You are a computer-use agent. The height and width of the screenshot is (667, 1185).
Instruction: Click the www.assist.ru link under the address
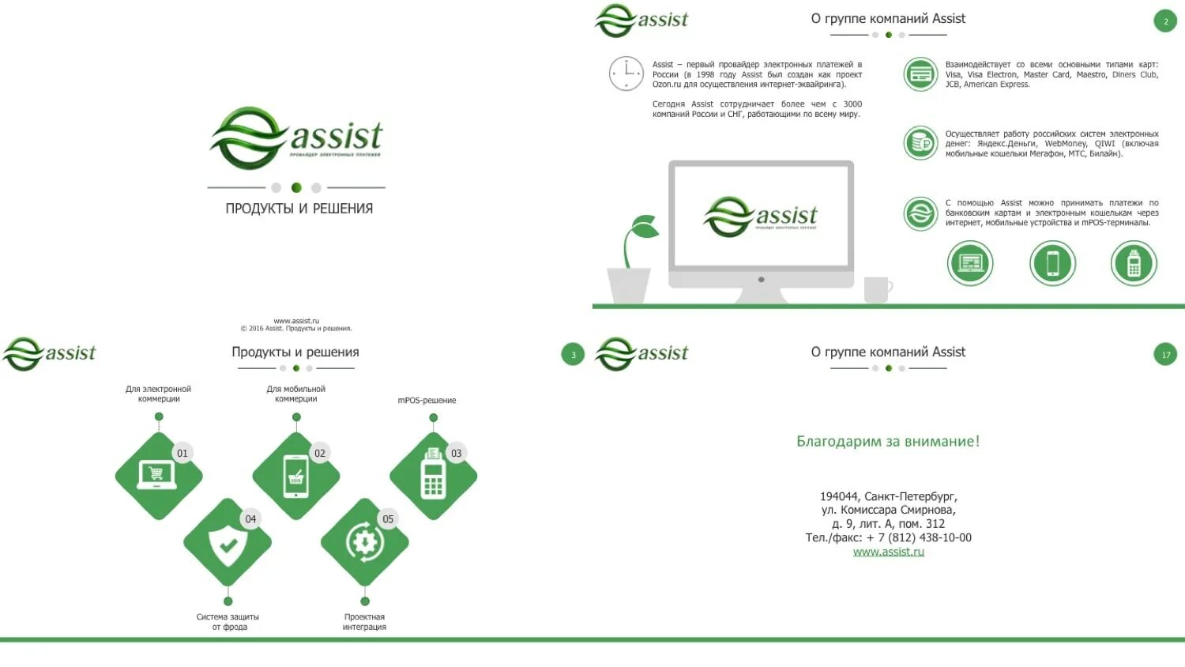888,552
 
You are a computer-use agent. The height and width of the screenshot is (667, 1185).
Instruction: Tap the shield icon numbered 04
228,544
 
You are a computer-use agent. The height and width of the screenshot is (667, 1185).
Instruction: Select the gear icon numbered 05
364,543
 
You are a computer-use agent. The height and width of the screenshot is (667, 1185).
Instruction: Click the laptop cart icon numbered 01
158,476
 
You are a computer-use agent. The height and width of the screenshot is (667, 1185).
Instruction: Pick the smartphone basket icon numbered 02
296,476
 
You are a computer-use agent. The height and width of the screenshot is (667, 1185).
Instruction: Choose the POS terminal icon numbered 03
433,476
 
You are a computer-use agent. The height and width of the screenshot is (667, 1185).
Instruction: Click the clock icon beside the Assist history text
626,74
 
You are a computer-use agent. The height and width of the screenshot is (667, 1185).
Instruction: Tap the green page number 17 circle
1165,355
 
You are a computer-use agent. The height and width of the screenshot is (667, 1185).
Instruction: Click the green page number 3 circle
573,355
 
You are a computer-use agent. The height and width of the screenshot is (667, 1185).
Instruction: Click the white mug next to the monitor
877,289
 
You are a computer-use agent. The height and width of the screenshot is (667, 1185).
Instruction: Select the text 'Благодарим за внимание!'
888,441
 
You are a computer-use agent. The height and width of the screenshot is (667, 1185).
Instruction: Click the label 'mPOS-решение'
427,401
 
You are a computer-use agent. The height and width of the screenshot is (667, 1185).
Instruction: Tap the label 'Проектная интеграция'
364,622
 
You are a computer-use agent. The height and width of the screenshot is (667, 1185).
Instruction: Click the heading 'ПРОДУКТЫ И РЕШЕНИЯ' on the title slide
299,209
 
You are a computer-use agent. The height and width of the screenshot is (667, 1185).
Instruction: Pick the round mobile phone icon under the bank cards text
1052,263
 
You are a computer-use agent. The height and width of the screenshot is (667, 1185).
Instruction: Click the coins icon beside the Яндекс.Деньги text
920,144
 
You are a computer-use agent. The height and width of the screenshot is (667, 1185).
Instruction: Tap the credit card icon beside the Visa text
920,75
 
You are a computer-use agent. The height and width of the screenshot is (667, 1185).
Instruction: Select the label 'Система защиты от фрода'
228,622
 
